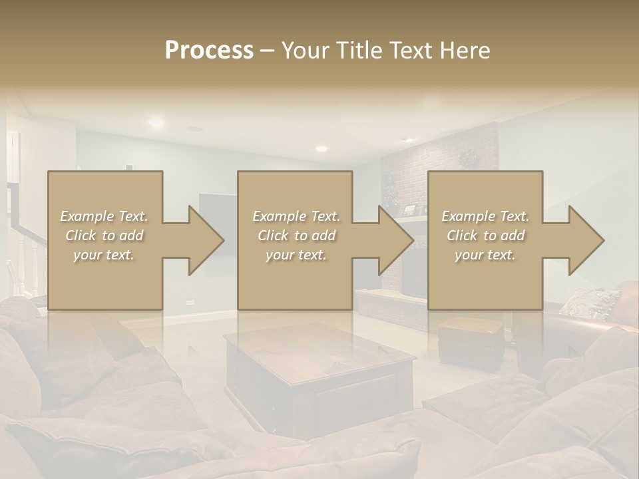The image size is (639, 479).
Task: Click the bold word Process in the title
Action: click(x=209, y=51)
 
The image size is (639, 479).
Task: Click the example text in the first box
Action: click(x=104, y=236)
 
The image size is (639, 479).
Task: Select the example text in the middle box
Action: click(x=296, y=236)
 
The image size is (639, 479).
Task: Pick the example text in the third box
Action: click(x=485, y=236)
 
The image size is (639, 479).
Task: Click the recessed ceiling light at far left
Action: click(x=156, y=122)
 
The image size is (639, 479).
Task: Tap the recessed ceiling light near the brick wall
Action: click(x=321, y=148)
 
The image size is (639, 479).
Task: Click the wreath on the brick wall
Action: click(x=469, y=158)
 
